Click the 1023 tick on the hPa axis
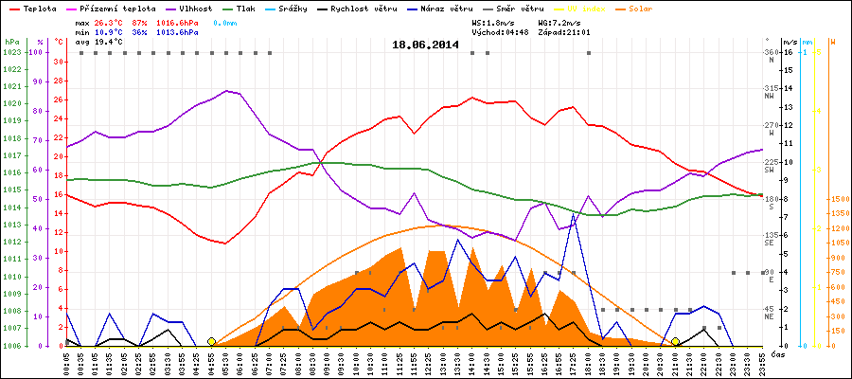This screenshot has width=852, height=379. (12, 52)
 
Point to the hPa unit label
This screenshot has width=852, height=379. (10, 43)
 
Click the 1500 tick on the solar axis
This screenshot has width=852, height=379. (838, 199)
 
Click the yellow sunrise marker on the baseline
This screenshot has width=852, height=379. (211, 341)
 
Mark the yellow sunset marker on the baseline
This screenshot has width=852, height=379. (675, 341)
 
